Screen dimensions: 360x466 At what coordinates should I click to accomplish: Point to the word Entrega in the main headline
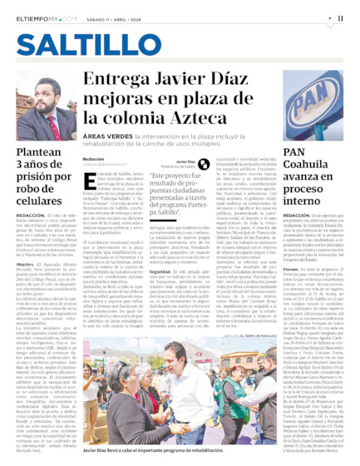click(125, 81)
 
